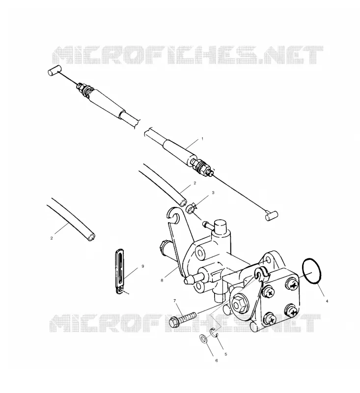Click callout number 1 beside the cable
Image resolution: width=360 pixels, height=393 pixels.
click(202, 139)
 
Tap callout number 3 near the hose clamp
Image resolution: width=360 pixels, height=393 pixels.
click(213, 193)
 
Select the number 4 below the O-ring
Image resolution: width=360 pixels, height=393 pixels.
click(327, 301)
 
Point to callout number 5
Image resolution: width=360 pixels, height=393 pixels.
click(226, 354)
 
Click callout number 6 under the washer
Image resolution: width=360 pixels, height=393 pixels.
click(217, 361)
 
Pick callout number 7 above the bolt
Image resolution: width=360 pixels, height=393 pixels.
click(175, 300)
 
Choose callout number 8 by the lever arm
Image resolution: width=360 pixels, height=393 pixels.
click(162, 281)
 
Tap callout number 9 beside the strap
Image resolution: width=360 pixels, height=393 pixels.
click(143, 266)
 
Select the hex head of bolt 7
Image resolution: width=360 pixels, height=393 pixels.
click(173, 322)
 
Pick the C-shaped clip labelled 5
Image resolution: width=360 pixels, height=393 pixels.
click(214, 333)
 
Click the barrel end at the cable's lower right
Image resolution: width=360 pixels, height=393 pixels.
click(272, 216)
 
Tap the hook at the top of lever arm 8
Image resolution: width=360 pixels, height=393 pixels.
click(173, 215)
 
